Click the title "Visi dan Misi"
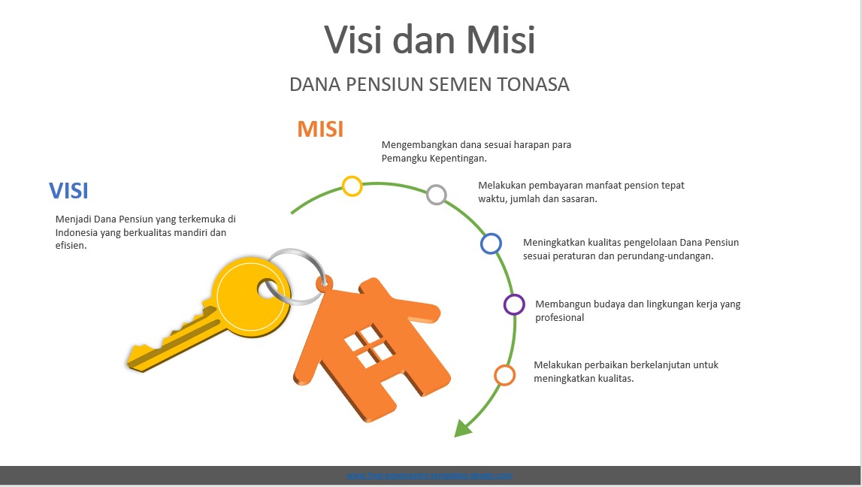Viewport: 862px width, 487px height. [429, 39]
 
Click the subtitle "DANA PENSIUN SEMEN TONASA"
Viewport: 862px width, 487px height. [429, 85]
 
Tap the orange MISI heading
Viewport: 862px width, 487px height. [320, 129]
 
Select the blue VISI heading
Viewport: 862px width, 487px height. [68, 191]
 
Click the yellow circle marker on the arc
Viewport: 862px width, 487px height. [352, 186]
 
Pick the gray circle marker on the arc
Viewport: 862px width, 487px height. [437, 195]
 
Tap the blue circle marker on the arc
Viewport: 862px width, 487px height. [491, 243]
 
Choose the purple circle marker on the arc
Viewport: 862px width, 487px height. [514, 304]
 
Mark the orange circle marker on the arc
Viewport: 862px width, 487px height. [504, 375]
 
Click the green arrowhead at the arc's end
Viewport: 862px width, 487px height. [462, 428]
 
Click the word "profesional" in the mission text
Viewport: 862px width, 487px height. [559, 318]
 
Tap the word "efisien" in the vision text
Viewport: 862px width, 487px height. [70, 245]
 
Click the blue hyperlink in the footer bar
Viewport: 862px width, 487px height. [429, 475]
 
